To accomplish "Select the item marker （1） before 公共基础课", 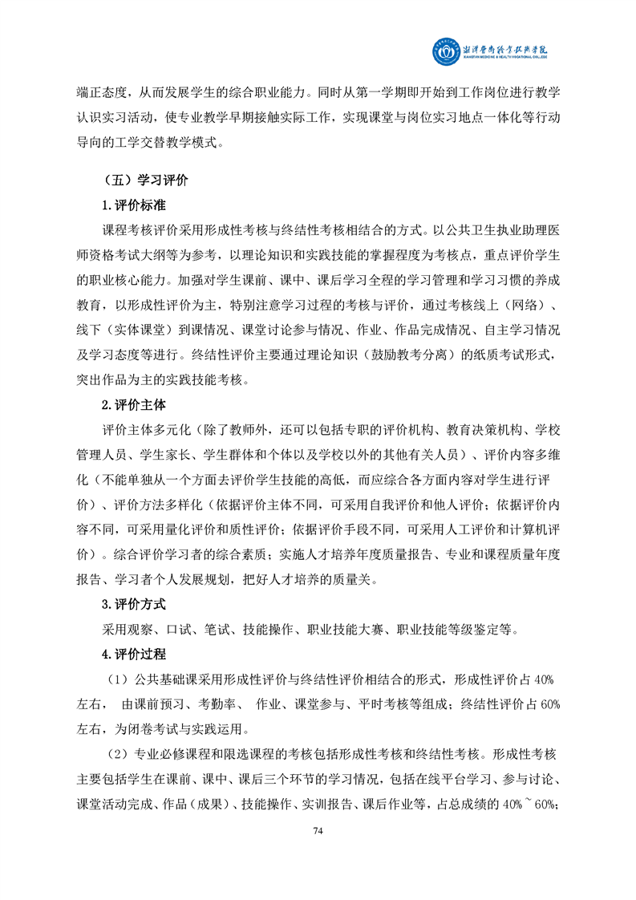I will pos(119,679).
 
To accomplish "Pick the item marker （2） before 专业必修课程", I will pos(119,754).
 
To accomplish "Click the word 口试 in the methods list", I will pos(176,628).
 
